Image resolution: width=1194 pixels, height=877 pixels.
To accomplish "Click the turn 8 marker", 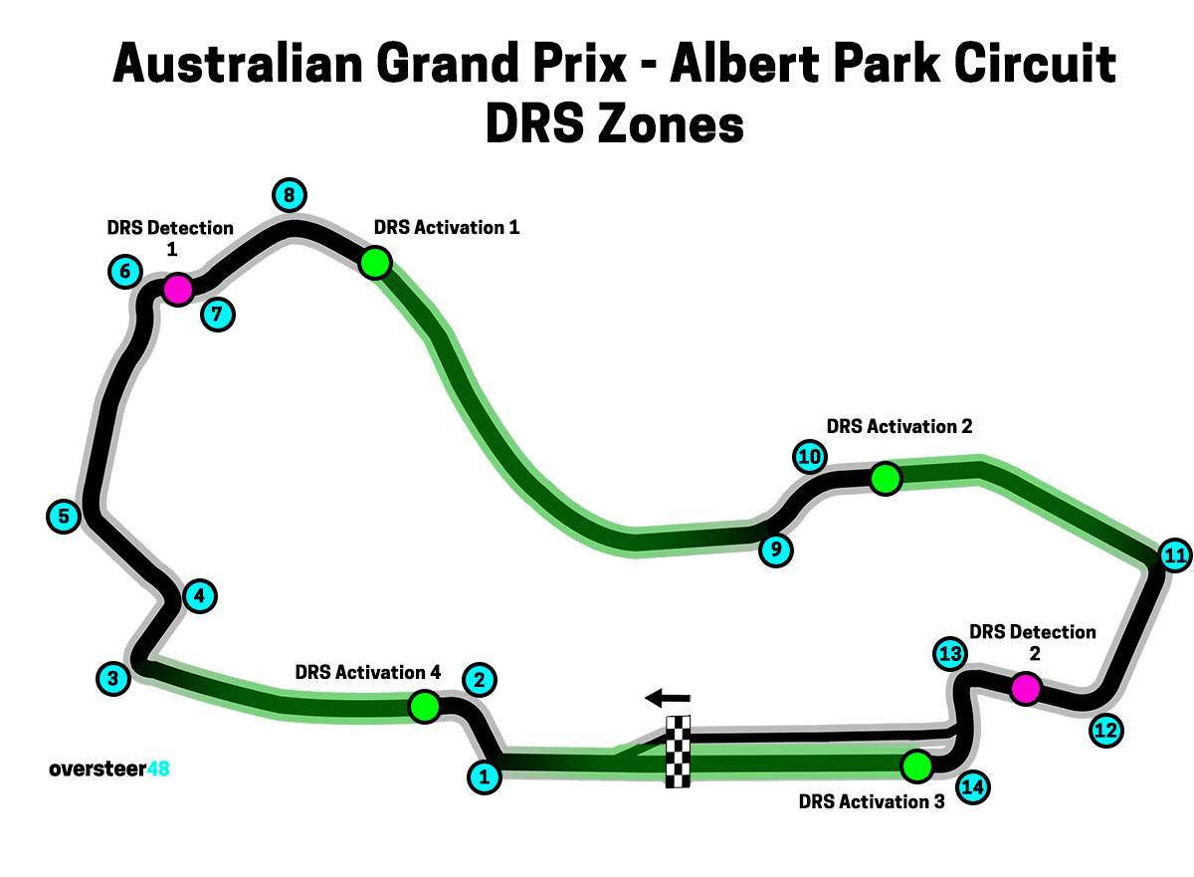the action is (289, 195).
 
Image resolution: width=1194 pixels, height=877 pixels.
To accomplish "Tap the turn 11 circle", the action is (1175, 555).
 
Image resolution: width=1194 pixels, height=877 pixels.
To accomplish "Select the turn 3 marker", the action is (113, 679).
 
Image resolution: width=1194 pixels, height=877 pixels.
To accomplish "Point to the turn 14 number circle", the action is (973, 787).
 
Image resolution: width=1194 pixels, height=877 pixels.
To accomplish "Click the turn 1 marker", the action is (484, 776).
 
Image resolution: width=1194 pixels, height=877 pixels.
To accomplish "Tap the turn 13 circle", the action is (950, 654).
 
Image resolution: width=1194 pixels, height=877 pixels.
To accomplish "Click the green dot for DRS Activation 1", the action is (375, 263).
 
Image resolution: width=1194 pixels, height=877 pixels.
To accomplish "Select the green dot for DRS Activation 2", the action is (885, 479).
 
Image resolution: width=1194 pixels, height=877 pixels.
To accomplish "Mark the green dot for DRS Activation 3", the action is (915, 766).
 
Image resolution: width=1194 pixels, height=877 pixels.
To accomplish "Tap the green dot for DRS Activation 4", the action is (425, 707).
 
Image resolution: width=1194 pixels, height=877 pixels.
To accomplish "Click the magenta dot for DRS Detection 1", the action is (177, 290).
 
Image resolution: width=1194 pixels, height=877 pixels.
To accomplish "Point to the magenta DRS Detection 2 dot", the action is (1025, 688).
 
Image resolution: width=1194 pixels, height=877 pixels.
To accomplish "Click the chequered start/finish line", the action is (678, 752).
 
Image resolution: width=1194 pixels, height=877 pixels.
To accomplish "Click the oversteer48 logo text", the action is (109, 768).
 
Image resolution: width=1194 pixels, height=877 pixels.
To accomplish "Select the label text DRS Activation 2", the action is (898, 426).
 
